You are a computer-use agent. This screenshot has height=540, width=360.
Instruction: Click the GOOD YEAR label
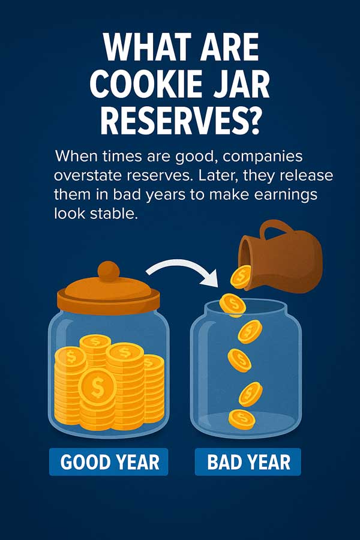pyautogui.click(x=110, y=463)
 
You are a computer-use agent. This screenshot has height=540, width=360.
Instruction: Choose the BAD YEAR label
pyautogui.click(x=248, y=463)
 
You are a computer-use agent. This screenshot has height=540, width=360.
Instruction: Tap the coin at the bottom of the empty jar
pyautogui.click(x=241, y=418)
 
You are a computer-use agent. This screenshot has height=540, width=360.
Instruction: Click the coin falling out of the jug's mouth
pyautogui.click(x=241, y=276)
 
